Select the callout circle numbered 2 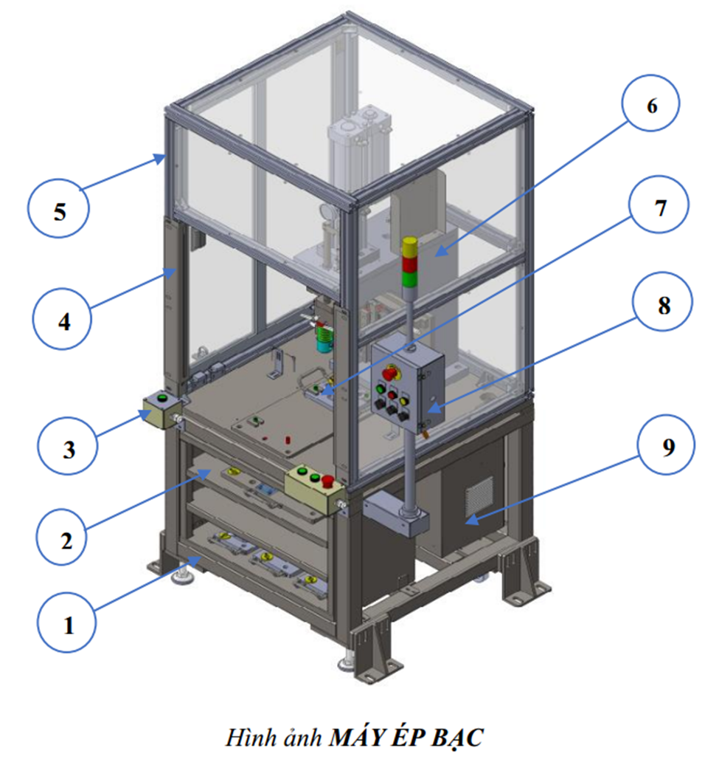click(x=66, y=537)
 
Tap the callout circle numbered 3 click(x=68, y=445)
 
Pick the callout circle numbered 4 click(x=63, y=320)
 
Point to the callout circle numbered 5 click(x=58, y=209)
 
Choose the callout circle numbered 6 click(x=650, y=103)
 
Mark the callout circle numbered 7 click(x=659, y=205)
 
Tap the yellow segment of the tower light click(x=410, y=247)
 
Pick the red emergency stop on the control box click(x=390, y=373)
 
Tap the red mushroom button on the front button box click(x=327, y=481)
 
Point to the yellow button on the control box click(x=404, y=400)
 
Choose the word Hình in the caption click(x=249, y=738)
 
